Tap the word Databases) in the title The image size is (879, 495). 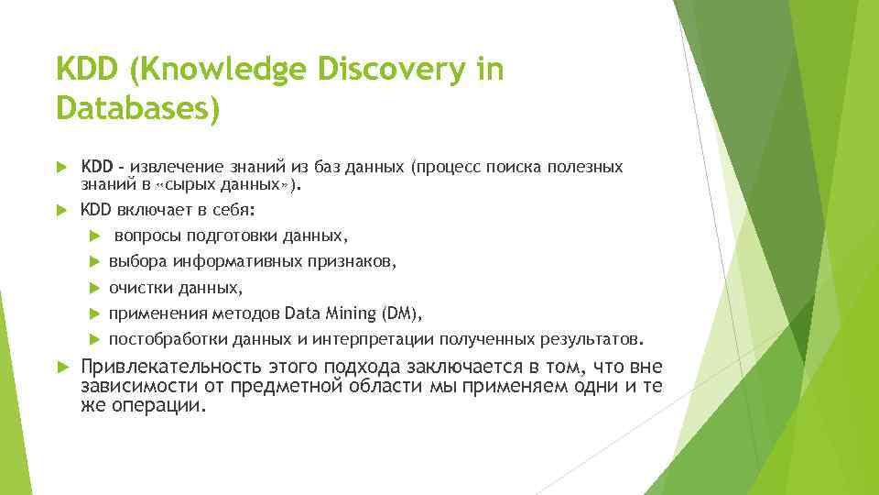point(138,109)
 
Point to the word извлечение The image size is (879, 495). point(176,167)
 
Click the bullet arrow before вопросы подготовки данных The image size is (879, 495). point(96,236)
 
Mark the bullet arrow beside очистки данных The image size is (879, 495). point(96,288)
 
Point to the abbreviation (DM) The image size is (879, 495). point(403,313)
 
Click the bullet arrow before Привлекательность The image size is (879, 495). point(62,367)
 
